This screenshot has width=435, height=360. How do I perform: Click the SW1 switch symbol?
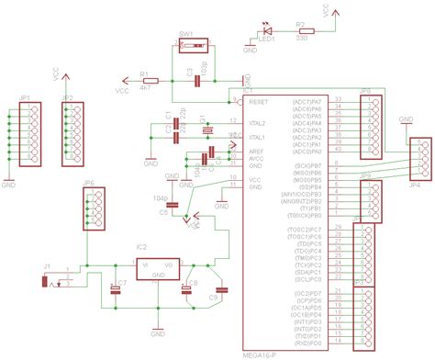click(194, 45)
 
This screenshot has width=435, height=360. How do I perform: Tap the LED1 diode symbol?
click(267, 31)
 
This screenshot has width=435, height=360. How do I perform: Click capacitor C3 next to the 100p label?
click(196, 81)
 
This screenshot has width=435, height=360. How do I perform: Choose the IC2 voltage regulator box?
click(159, 261)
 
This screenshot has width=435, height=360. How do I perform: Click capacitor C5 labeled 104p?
click(172, 210)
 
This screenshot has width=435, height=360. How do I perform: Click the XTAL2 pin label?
click(260, 122)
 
